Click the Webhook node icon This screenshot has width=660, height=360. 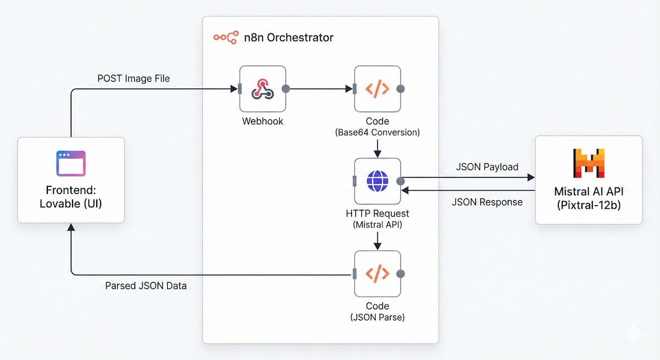pyautogui.click(x=262, y=89)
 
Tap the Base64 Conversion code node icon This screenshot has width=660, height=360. pyautogui.click(x=377, y=89)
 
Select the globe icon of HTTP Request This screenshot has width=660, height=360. pyautogui.click(x=377, y=181)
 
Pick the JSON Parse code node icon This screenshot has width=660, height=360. pyautogui.click(x=377, y=274)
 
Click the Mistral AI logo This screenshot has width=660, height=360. pyautogui.click(x=588, y=163)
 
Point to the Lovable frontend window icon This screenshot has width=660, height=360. pyautogui.click(x=71, y=164)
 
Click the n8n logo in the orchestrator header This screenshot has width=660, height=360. pyautogui.click(x=226, y=37)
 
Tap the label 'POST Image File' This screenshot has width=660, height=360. pyautogui.click(x=133, y=79)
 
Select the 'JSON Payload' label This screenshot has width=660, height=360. pyautogui.click(x=487, y=167)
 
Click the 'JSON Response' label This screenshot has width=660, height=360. pyautogui.click(x=487, y=202)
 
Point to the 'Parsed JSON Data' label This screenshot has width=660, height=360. pyautogui.click(x=146, y=286)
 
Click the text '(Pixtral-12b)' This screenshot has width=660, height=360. pyautogui.click(x=588, y=206)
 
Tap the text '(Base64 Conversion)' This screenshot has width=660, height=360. pyautogui.click(x=377, y=132)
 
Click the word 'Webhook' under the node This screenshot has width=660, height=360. pyautogui.click(x=262, y=121)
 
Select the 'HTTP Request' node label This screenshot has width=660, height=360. pyautogui.click(x=377, y=213)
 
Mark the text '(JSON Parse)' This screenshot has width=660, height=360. pyautogui.click(x=377, y=317)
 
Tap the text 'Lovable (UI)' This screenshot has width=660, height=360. pyautogui.click(x=71, y=203)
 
